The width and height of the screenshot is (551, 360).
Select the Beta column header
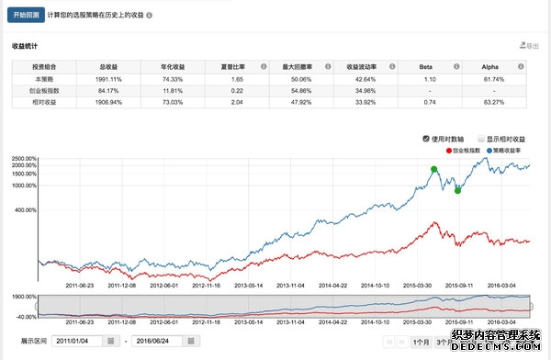(x=425, y=66)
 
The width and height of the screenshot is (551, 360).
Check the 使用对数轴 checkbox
(x=426, y=139)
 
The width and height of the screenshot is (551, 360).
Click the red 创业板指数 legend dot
(x=448, y=150)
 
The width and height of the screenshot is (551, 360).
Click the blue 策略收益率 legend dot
(x=492, y=150)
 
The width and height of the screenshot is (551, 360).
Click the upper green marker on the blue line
(x=433, y=169)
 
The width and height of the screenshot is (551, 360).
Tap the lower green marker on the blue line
(x=457, y=190)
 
